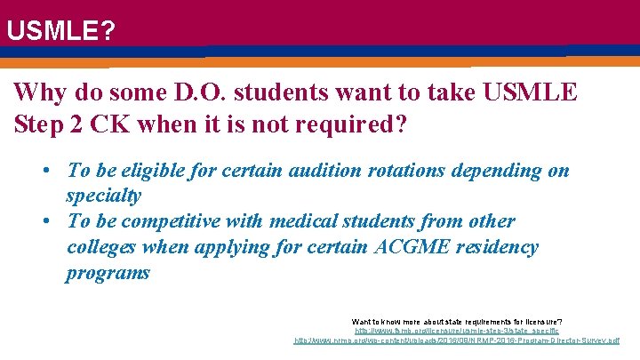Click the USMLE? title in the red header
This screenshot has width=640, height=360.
[60, 32]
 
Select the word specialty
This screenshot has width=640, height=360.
[103, 195]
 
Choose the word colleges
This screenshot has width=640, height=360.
[103, 247]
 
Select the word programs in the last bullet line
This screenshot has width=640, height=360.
[108, 273]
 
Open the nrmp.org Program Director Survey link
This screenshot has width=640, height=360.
[456, 340]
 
